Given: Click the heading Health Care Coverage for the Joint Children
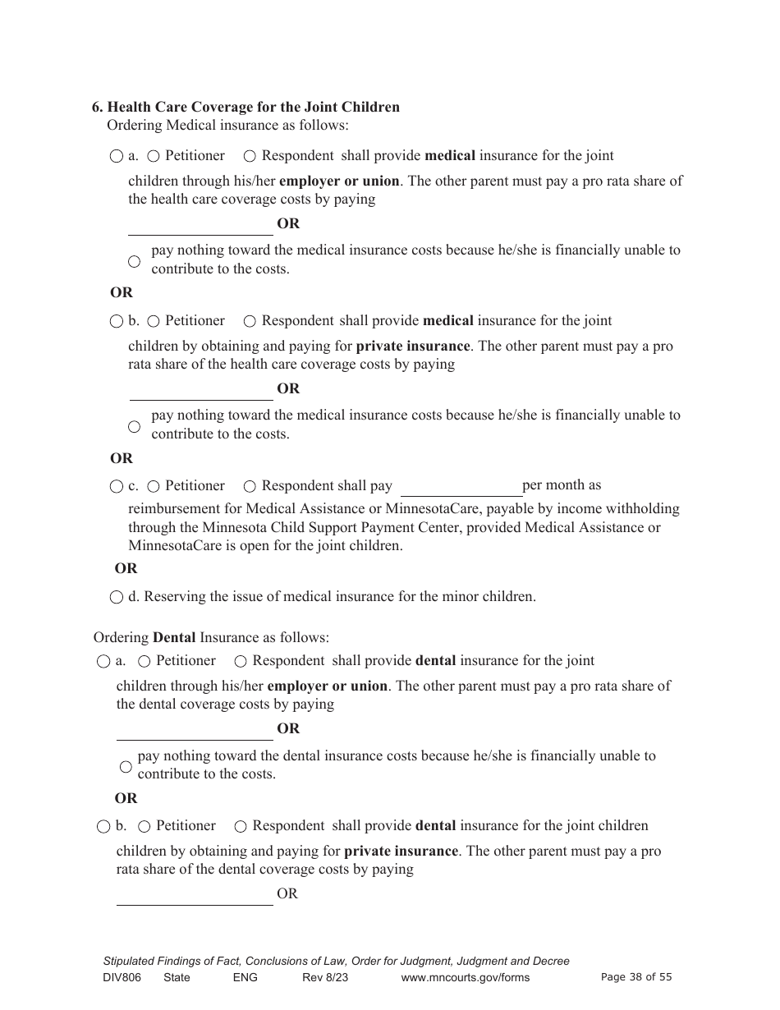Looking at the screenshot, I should coord(245,107).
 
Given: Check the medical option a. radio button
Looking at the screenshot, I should coord(117,156).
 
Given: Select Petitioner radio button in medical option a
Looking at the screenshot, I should coord(154,156).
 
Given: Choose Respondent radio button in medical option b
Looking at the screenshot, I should coord(250,321).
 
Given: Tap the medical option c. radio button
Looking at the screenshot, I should coord(117,487).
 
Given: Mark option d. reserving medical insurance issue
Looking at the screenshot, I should coord(117,597).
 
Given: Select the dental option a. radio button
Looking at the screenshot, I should coord(103,661).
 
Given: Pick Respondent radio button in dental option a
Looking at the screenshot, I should coord(241,661).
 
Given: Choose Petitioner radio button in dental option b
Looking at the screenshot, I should coord(145,826).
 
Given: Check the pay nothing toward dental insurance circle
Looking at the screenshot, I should coord(126,767).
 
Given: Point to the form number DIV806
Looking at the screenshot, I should coord(121,977).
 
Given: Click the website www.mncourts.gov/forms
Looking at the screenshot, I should coord(465,977).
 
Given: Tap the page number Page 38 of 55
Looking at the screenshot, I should coord(636,977).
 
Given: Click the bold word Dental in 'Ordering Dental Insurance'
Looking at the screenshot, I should coord(174,637).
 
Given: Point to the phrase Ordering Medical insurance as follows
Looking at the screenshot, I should coord(228,126).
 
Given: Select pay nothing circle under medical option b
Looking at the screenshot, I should coord(135,426).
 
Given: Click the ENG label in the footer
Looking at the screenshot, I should coord(245,977).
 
